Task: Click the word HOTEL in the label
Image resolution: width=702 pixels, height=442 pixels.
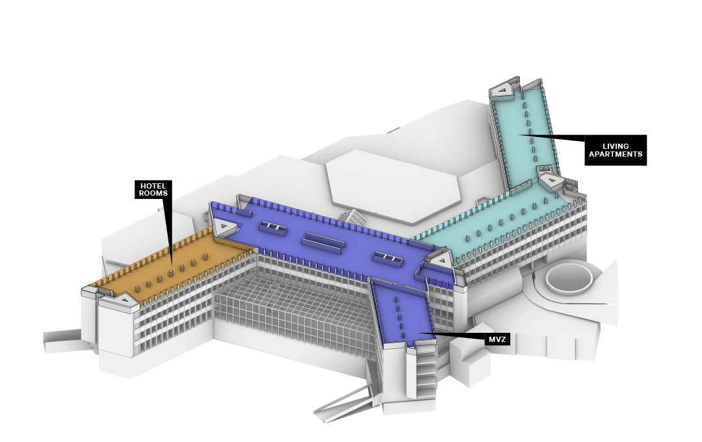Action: pos(153,186)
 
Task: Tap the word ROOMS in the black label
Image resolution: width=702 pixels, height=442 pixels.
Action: pos(153,194)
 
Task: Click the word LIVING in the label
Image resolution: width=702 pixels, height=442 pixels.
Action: pos(616,146)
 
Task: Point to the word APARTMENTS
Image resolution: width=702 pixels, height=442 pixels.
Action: pos(616,154)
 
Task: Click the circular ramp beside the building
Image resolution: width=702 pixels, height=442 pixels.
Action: pos(569,278)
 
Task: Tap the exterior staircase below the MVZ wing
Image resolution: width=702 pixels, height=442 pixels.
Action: pos(426,372)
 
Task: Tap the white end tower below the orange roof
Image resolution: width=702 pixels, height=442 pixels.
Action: pos(116,329)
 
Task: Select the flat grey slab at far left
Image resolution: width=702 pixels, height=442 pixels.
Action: pos(62,341)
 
